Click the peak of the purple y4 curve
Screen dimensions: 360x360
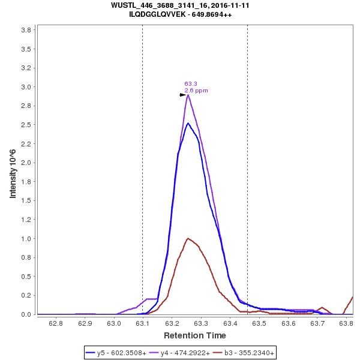pyautogui.click(x=188, y=95)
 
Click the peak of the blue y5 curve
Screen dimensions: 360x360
pyautogui.click(x=188, y=123)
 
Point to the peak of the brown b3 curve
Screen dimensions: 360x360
pyautogui.click(x=188, y=238)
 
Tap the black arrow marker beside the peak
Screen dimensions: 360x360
pyautogui.click(x=183, y=95)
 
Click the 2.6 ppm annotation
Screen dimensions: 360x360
pyautogui.click(x=196, y=91)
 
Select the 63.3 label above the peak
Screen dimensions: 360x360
pyautogui.click(x=191, y=84)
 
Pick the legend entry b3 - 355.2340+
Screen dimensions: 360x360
pyautogui.click(x=246, y=353)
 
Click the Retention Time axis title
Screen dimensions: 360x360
pyautogui.click(x=195, y=335)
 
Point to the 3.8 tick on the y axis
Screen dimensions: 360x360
pyautogui.click(x=26, y=29)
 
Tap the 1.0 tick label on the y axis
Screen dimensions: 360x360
pyautogui.click(x=26, y=238)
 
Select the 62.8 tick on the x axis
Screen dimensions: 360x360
pyautogui.click(x=56, y=323)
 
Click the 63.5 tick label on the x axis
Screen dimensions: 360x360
pyautogui.click(x=259, y=323)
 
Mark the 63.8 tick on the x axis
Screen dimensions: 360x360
pyautogui.click(x=346, y=323)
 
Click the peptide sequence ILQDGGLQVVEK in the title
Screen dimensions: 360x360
pyautogui.click(x=159, y=14)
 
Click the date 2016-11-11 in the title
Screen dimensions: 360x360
pyautogui.click(x=228, y=5)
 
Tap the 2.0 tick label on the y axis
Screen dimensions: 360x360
pyautogui.click(x=26, y=163)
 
